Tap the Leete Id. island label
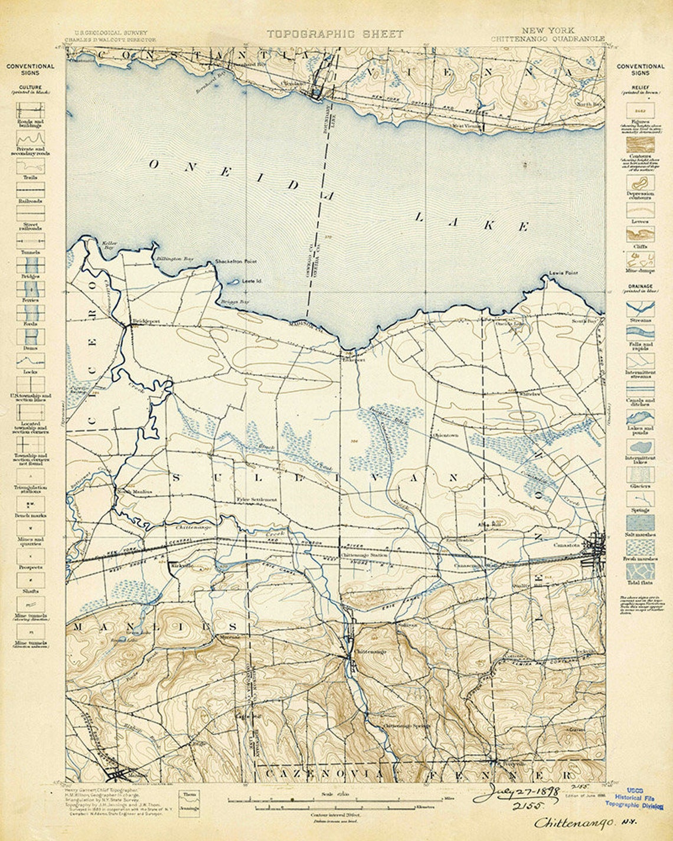pyautogui.click(x=251, y=281)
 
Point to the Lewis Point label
pyautogui.click(x=563, y=273)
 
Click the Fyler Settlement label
pyautogui.click(x=256, y=499)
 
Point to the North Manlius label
pyautogui.click(x=135, y=492)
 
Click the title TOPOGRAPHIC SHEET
pyautogui.click(x=335, y=34)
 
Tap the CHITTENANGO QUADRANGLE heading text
pyautogui.click(x=547, y=39)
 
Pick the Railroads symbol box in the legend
pyautogui.click(x=30, y=189)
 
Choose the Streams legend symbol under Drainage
pyautogui.click(x=641, y=307)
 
